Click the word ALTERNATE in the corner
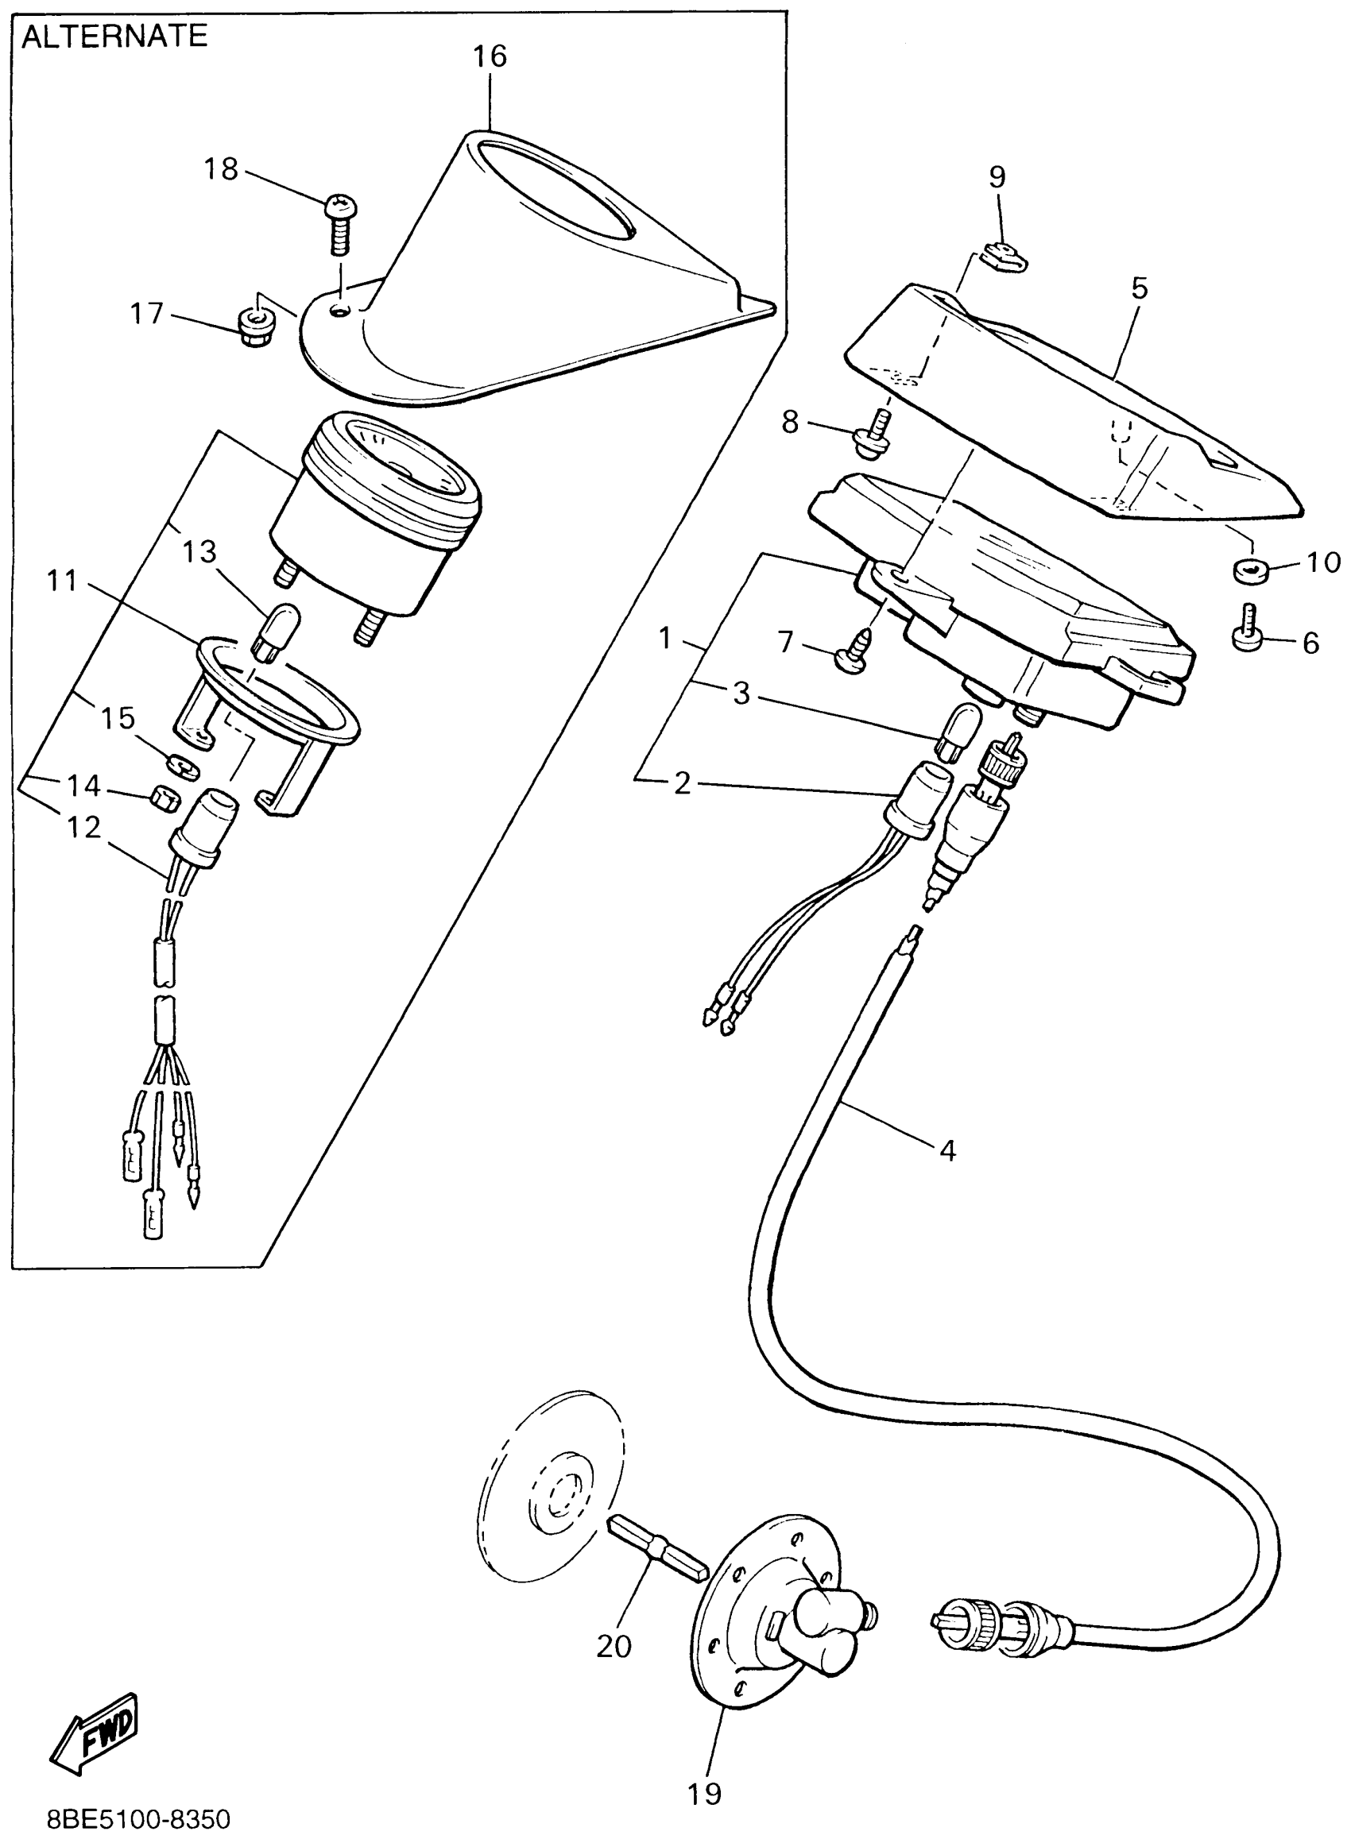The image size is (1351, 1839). (x=114, y=37)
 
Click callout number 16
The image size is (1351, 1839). (x=490, y=56)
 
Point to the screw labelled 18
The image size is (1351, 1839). (x=340, y=218)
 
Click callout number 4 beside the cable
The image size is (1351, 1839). (x=947, y=1151)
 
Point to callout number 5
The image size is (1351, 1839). (x=1139, y=288)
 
